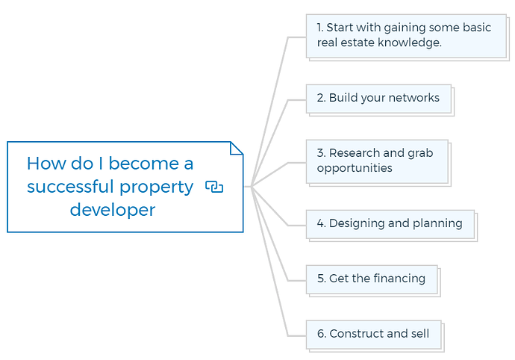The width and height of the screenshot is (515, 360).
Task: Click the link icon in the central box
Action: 214,187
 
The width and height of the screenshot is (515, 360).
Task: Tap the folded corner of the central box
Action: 237,148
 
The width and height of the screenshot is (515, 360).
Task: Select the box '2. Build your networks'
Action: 378,99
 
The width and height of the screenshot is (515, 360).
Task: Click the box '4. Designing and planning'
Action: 390,224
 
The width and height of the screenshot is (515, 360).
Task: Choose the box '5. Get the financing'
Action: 372,279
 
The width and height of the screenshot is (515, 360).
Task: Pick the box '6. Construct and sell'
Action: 374,335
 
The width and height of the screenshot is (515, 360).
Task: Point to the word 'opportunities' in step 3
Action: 355,168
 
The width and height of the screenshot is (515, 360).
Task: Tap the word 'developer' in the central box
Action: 112,210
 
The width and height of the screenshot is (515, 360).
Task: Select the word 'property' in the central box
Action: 157,187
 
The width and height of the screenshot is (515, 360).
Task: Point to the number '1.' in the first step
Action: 320,28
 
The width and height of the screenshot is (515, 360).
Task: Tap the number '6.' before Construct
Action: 321,334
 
